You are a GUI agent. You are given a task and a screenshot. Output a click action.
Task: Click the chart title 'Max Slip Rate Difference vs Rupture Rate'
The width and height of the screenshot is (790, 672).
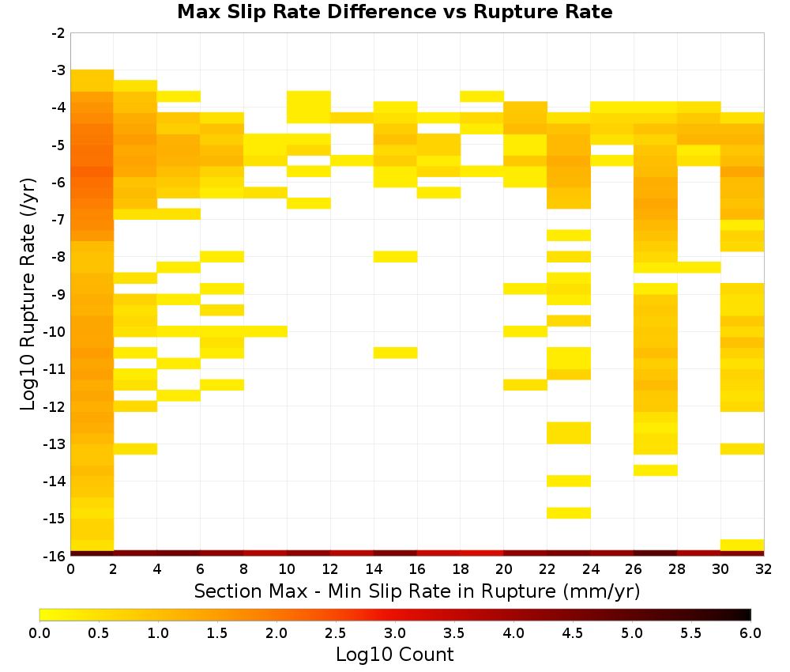[x=394, y=12]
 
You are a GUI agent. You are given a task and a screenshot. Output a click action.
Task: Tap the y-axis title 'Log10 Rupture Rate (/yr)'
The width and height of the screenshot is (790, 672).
[x=28, y=294]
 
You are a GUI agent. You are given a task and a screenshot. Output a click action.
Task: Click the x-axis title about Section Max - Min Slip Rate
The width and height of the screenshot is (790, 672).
[x=416, y=591]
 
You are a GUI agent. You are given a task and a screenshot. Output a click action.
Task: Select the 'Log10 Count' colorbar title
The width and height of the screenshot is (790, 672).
[x=394, y=655]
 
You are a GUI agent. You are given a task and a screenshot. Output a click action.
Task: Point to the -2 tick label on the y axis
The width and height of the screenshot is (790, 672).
[x=58, y=33]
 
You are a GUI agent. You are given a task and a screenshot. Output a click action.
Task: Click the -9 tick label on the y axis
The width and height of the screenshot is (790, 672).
[x=58, y=294]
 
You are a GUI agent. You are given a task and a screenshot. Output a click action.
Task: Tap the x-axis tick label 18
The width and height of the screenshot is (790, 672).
[x=461, y=569]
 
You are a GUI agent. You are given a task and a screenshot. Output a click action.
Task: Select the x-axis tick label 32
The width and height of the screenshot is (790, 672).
[x=764, y=569]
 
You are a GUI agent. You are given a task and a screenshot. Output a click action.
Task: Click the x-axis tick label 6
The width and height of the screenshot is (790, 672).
[x=201, y=569]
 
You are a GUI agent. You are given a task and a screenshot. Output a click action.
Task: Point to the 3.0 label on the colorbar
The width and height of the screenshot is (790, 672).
[x=394, y=632]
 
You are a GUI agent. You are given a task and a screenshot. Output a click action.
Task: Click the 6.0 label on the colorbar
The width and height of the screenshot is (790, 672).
[x=750, y=632]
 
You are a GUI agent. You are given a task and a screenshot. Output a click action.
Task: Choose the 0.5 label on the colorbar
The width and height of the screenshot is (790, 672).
[x=98, y=632]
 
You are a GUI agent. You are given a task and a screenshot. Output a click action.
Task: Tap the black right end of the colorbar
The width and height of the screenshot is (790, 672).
[x=749, y=614]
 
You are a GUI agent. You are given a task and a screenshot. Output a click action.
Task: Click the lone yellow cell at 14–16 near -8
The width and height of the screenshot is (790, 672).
[x=396, y=257]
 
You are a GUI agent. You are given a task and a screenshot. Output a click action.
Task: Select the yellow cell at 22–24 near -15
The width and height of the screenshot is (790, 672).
[x=569, y=512]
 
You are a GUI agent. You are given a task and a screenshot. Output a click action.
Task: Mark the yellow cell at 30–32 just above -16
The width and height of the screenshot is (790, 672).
[x=742, y=545]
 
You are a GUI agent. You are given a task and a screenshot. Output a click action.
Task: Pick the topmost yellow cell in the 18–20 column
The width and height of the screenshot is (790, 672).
[x=482, y=96]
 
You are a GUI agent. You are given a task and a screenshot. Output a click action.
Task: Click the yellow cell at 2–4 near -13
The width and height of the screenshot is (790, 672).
[x=136, y=449]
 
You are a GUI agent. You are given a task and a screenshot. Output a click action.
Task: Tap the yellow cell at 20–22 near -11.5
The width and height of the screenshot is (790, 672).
[x=525, y=385]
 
